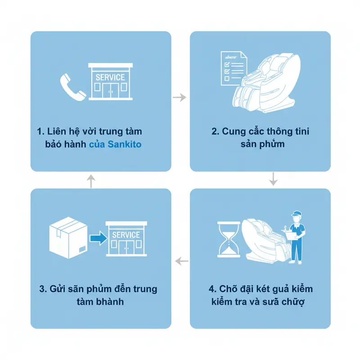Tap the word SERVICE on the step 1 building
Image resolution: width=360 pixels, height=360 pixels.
[x=110, y=77]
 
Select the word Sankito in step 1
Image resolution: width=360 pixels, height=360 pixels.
[x=125, y=144]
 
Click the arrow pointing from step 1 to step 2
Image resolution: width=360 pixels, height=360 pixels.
[x=180, y=97]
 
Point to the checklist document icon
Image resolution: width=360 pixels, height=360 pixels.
[x=233, y=68]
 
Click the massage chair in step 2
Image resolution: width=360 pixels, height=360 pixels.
[x=266, y=83]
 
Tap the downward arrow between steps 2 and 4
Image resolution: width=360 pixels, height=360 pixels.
[x=273, y=179]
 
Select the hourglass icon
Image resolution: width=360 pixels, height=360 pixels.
[x=229, y=239]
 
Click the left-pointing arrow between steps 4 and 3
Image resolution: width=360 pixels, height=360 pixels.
[x=182, y=261]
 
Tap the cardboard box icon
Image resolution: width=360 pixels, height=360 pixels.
[x=68, y=238]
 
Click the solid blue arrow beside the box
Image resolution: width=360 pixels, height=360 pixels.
[x=99, y=238]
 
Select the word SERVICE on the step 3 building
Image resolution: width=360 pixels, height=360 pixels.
[x=126, y=235]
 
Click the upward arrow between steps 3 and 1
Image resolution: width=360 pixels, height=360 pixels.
[x=91, y=181]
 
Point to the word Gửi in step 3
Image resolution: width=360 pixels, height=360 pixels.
[x=56, y=289]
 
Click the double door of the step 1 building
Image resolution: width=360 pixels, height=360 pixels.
[x=110, y=91]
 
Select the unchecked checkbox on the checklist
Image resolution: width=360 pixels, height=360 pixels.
[x=227, y=78]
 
